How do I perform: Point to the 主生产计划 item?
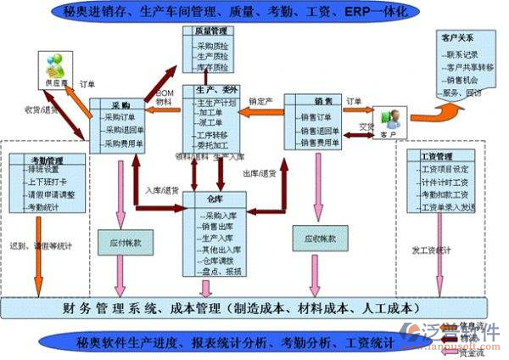point(216,101)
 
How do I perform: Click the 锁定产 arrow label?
point(261,100)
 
